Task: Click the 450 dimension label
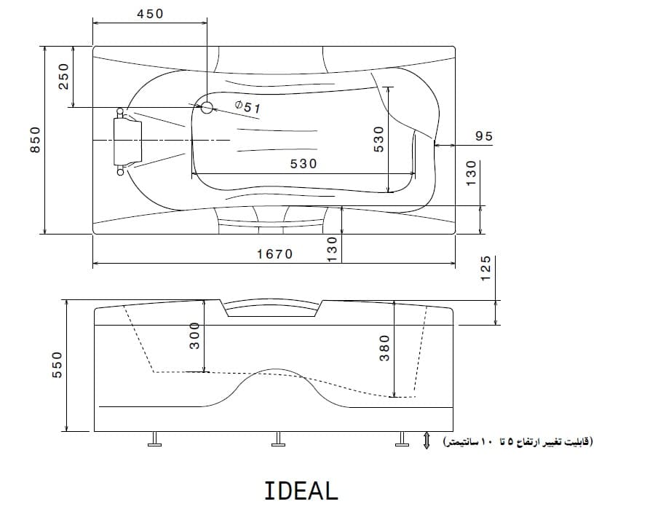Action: tap(150, 14)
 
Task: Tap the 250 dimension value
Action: tap(63, 76)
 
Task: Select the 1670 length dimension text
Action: tap(275, 254)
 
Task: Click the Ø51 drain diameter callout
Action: tap(248, 107)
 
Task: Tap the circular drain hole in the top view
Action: tap(207, 108)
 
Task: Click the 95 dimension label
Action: tap(484, 136)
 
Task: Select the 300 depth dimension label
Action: tap(194, 336)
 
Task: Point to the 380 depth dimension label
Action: tap(384, 348)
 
